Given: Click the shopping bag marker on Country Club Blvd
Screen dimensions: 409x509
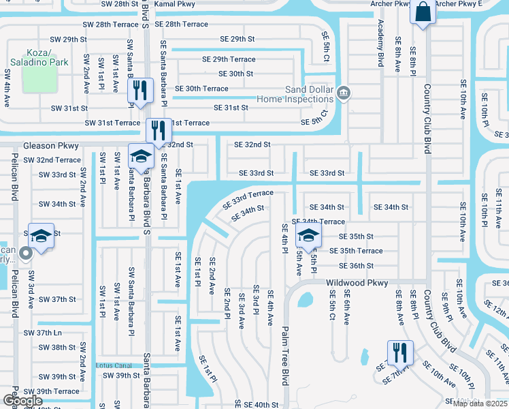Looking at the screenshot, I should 423,13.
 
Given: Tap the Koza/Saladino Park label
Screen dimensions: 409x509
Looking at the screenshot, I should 39,57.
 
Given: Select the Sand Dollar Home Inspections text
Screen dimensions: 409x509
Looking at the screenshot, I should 295,94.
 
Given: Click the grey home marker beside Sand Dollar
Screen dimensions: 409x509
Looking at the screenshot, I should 344,93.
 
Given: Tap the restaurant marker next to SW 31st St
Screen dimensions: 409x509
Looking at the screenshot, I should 140,91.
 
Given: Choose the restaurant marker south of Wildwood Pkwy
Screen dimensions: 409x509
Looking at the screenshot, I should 399,354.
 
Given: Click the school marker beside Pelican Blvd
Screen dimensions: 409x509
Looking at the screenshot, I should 40,237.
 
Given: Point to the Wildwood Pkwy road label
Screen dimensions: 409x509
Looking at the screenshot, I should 357,283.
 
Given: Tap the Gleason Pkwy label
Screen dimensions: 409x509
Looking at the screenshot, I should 51,146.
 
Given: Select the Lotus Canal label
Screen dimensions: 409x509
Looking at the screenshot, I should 113,365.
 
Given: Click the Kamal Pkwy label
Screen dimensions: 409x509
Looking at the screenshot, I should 174,4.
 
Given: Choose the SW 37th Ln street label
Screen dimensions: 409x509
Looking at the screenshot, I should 43,333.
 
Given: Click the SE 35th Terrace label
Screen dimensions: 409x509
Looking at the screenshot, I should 356,251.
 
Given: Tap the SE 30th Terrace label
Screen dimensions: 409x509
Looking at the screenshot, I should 201,89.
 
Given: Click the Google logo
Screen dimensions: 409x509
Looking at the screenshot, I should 22,401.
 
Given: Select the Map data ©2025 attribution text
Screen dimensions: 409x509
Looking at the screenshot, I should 480,404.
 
